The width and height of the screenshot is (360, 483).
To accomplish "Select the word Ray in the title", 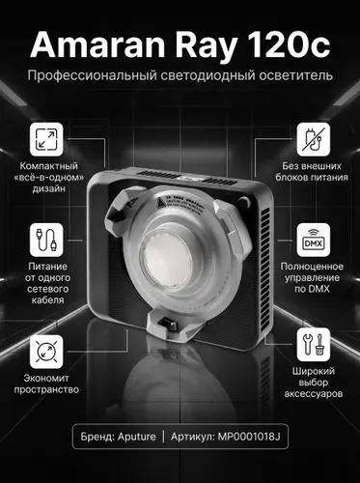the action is [207, 47].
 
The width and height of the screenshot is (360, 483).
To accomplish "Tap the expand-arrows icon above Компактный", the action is [46, 139].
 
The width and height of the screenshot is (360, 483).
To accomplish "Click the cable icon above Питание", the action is [46, 240].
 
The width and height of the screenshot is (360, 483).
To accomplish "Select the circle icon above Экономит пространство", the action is [46, 352].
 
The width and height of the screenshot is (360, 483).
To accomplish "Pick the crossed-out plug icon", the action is [314, 139].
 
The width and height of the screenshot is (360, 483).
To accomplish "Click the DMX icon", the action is [314, 240].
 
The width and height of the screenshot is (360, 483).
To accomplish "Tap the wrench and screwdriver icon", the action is [314, 345].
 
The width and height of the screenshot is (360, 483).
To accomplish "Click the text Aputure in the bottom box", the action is [137, 437].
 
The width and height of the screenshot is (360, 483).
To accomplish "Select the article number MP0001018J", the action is [249, 437].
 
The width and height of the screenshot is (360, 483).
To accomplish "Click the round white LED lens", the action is [167, 260].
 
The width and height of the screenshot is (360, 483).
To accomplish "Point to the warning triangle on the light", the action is [161, 203].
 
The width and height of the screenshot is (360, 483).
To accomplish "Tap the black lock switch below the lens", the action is [169, 324].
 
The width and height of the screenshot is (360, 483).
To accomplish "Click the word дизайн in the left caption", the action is [49, 188].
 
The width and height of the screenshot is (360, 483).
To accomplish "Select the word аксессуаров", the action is [314, 394].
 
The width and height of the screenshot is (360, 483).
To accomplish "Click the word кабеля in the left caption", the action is [47, 300].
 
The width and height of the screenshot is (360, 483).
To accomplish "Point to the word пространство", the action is [46, 390].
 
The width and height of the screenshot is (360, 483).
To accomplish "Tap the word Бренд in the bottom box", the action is [97, 437].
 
